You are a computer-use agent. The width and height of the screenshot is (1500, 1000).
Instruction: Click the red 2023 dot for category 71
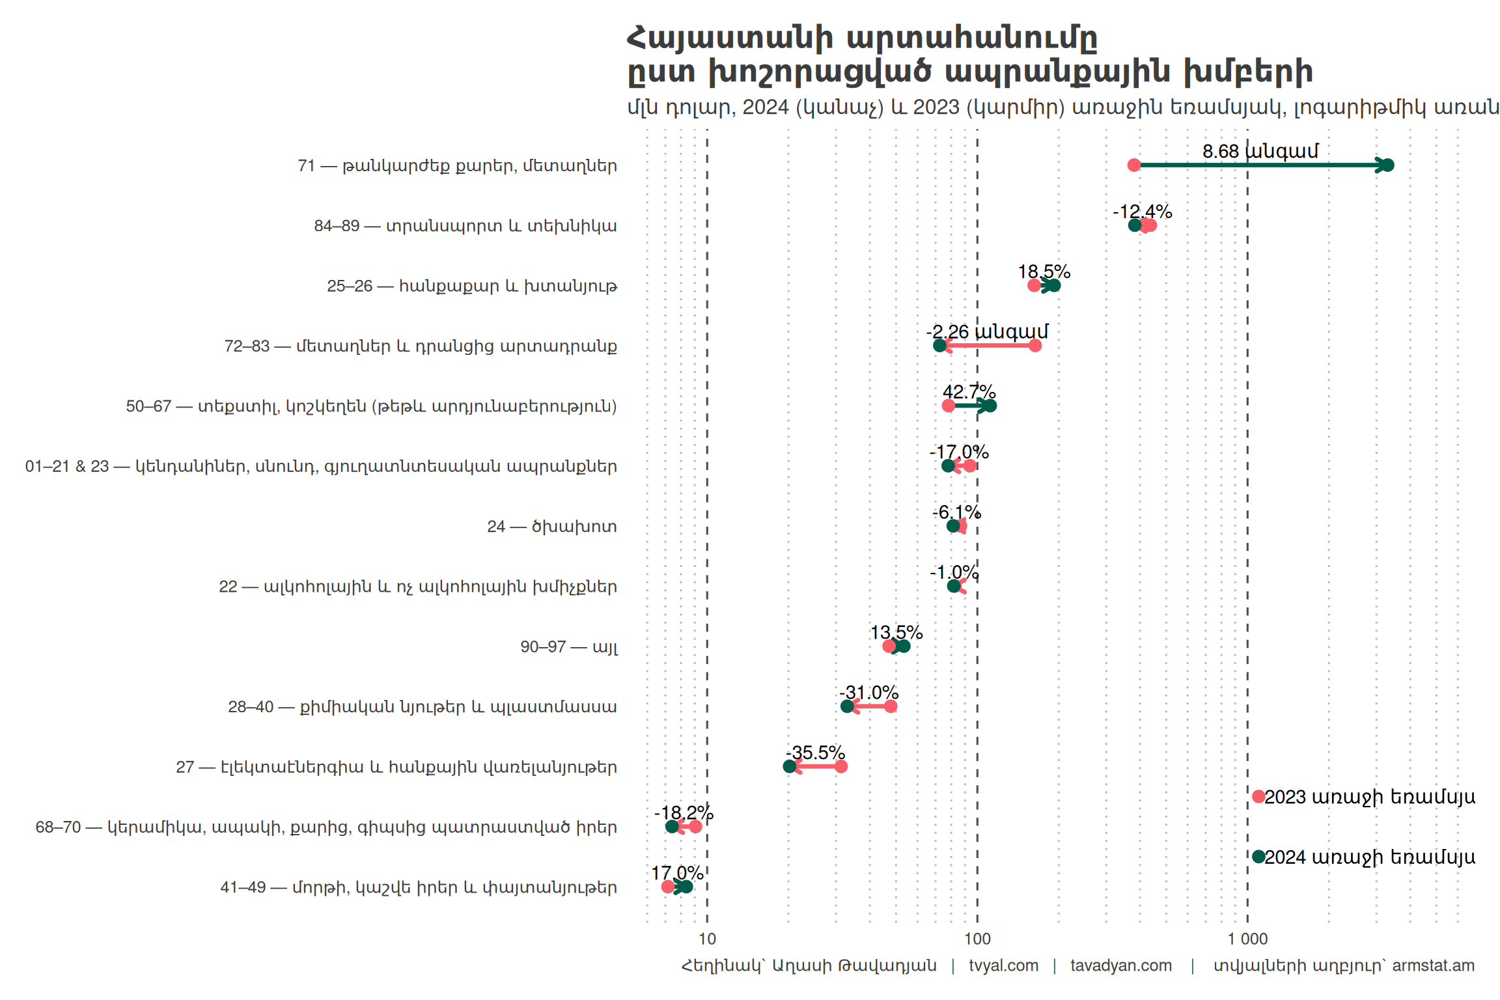pos(1134,165)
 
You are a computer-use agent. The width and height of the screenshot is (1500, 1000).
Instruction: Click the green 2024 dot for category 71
pos(1387,165)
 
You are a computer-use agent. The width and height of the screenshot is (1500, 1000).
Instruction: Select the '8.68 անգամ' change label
pos(1260,151)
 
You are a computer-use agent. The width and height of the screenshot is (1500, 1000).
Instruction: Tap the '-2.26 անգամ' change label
pos(987,331)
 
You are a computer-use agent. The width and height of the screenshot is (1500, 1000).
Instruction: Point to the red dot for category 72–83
pos(1035,346)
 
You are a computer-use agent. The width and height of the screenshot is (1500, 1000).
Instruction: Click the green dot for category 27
pos(789,766)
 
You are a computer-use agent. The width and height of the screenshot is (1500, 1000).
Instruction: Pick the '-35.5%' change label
pos(815,753)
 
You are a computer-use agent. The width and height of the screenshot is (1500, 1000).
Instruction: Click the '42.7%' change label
pos(969,392)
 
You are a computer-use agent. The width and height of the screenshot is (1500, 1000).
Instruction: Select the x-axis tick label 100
pos(977,939)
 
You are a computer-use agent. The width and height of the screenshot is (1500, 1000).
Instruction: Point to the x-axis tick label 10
pos(707,939)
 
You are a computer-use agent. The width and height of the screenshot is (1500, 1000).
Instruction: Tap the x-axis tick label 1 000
pos(1247,939)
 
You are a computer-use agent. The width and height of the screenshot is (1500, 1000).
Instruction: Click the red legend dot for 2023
pos(1258,796)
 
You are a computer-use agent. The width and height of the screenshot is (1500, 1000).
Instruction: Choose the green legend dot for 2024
pos(1258,857)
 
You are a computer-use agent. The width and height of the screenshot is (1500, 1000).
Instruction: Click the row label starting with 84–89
pos(465,226)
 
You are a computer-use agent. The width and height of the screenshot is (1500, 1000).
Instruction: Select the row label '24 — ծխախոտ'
pos(551,526)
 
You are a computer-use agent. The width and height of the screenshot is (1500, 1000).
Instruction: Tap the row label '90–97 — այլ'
pos(568,646)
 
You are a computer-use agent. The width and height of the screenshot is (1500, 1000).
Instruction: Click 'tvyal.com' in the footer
pos(1003,965)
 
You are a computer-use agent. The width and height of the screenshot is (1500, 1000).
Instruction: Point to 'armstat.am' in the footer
pos(1433,965)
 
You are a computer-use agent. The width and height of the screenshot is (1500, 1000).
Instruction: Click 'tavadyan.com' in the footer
pos(1120,965)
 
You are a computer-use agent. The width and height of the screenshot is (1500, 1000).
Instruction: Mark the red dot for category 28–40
pos(891,706)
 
